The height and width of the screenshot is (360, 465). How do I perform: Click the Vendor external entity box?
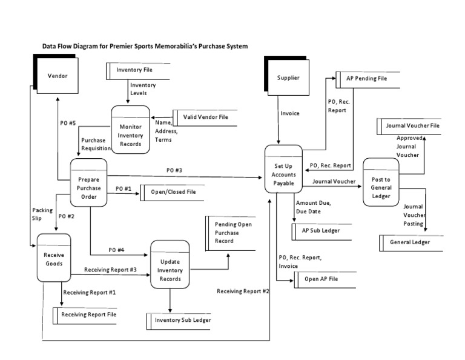(x=58, y=76)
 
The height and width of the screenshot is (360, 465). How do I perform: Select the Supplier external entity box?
(x=288, y=78)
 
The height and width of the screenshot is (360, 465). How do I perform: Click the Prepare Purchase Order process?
(x=89, y=184)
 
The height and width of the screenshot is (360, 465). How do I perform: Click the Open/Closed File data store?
(x=173, y=193)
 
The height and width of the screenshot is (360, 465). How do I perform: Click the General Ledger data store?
(x=411, y=242)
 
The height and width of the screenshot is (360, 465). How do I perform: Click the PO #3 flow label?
(x=174, y=170)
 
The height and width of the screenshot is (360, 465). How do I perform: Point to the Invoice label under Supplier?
(x=289, y=113)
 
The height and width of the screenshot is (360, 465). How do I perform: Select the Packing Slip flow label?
(x=42, y=214)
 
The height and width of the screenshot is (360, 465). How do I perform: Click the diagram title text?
(x=144, y=46)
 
